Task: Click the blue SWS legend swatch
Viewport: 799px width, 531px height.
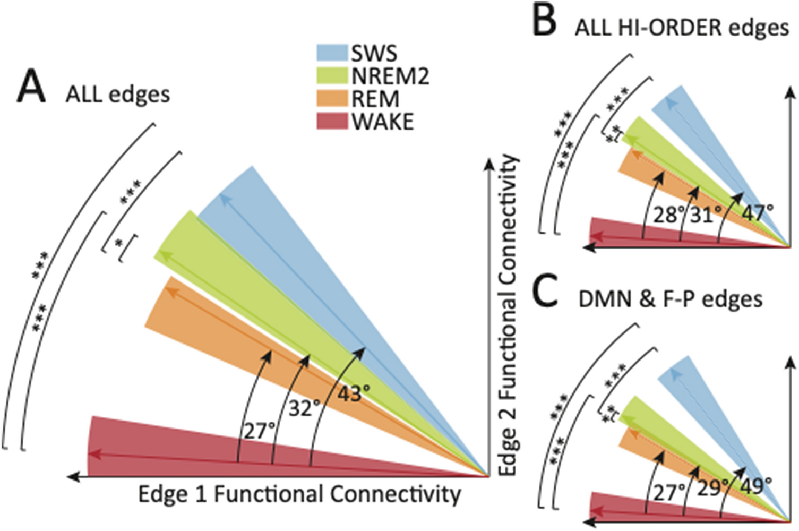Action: (332, 53)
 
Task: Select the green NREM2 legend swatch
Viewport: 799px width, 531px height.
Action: (332, 76)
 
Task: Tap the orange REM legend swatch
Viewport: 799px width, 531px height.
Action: (332, 99)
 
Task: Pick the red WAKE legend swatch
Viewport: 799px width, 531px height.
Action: (332, 122)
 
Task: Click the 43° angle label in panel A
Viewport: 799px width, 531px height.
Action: (353, 394)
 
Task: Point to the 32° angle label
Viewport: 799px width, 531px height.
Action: (304, 408)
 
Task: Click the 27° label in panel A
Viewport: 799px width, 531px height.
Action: (259, 432)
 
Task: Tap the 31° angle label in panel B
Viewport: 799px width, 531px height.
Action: (706, 215)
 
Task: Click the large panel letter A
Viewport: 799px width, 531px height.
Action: (31, 88)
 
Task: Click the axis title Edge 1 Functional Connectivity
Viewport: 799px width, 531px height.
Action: (299, 494)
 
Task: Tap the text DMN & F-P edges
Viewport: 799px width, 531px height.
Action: (670, 299)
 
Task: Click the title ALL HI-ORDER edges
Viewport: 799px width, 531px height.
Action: (682, 28)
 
